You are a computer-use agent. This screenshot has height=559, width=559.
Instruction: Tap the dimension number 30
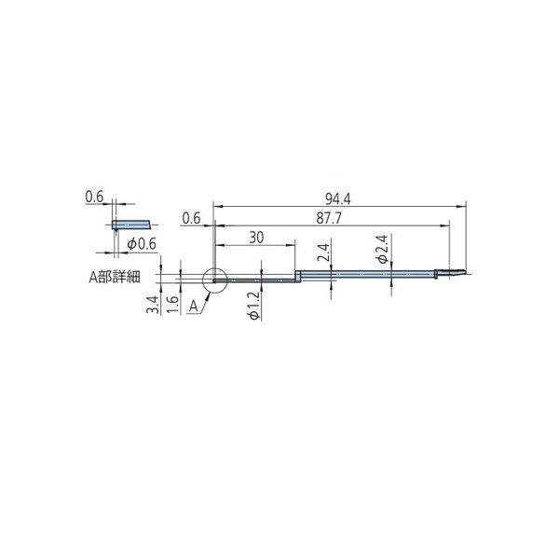click(x=257, y=238)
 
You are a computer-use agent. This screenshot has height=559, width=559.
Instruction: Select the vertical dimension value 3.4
click(x=151, y=305)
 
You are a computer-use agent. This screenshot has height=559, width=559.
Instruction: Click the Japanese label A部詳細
click(x=113, y=277)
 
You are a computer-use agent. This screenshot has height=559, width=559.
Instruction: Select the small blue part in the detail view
click(x=130, y=225)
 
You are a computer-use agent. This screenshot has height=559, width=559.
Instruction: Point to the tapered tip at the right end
click(x=458, y=273)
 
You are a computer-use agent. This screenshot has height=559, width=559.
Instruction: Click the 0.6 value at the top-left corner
click(x=93, y=197)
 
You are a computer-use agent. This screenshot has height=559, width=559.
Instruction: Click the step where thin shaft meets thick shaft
click(x=297, y=276)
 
